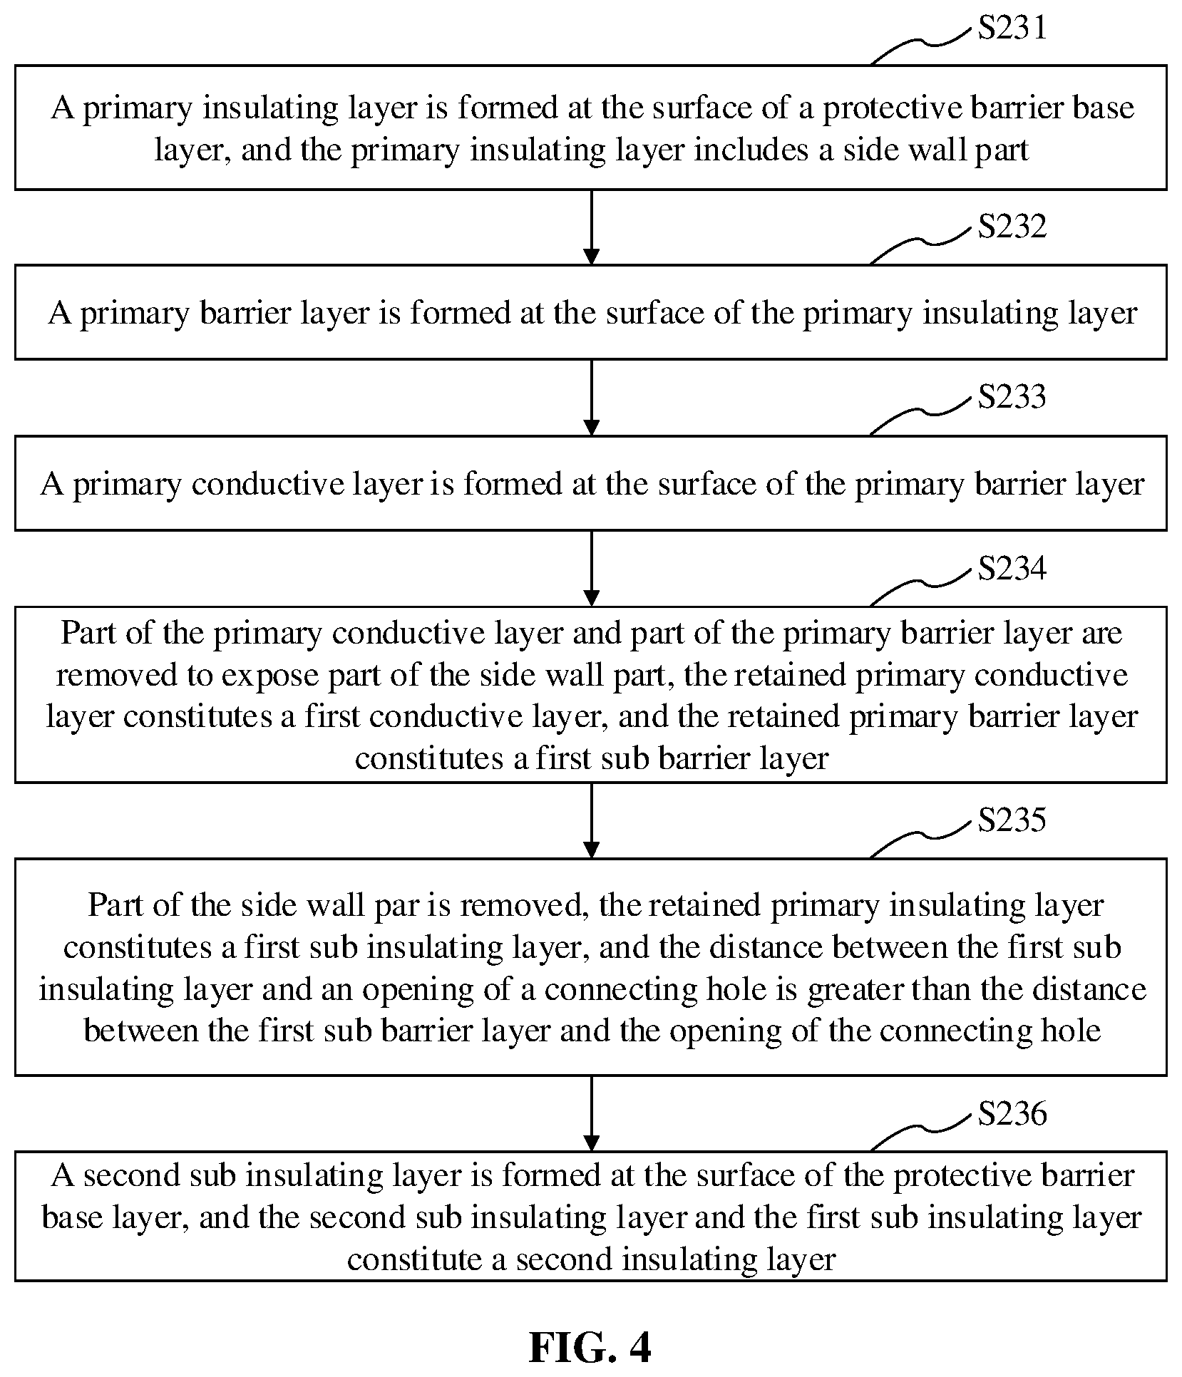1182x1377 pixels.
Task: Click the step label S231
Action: [x=1012, y=27]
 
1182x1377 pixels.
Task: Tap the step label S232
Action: [x=1012, y=226]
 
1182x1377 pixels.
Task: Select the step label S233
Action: [x=1012, y=397]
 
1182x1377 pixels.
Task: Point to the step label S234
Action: [x=1012, y=569]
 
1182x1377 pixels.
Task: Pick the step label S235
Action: [x=1012, y=820]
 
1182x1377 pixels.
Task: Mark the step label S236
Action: [x=1012, y=1113]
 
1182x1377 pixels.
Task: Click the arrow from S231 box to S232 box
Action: [x=591, y=227]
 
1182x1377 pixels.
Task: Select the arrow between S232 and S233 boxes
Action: [x=591, y=398]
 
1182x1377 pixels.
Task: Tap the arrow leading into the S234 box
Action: [x=591, y=569]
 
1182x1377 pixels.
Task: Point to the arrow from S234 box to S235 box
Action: [x=591, y=821]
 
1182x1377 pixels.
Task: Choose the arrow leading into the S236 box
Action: [x=591, y=1113]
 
